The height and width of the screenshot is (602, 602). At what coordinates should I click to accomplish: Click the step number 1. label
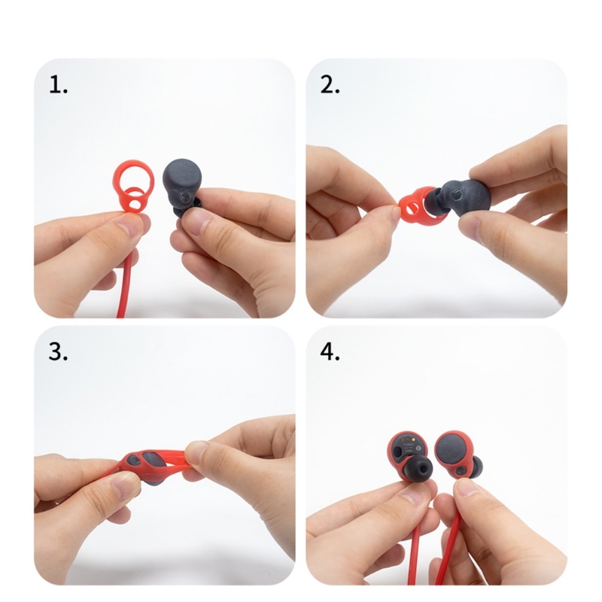(x=59, y=84)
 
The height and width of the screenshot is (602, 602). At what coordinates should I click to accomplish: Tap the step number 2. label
(x=330, y=84)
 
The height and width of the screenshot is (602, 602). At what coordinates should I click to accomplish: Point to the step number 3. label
(x=59, y=351)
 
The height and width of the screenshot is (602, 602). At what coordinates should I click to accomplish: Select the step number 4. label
(x=330, y=351)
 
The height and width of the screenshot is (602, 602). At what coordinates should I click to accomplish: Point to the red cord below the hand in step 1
(x=126, y=284)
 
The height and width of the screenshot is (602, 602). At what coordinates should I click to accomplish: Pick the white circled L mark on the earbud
(x=418, y=447)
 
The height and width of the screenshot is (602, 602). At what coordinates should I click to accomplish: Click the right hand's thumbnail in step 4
(x=467, y=491)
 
